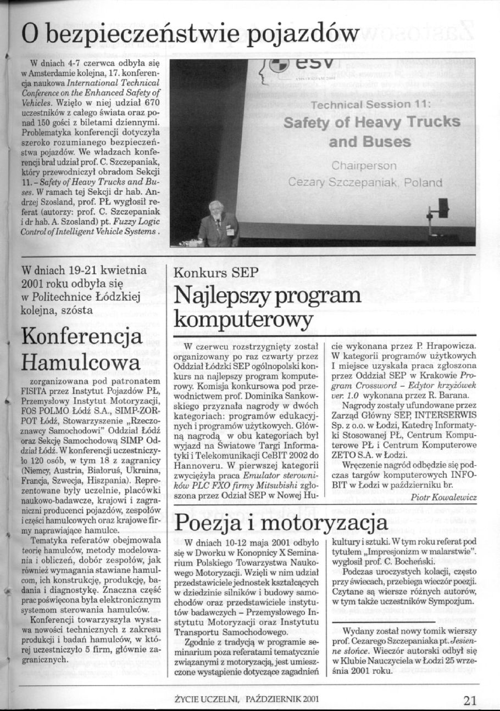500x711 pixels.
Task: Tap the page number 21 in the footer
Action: pos(470,699)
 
